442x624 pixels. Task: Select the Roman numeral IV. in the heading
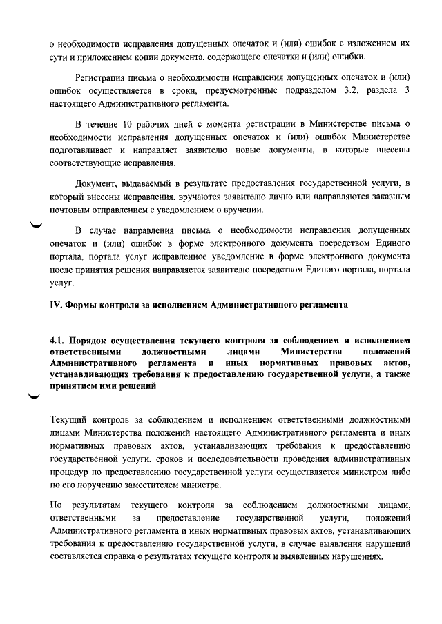pos(57,304)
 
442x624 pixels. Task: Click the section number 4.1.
pos(60,341)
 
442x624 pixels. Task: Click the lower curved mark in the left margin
pos(32,395)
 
